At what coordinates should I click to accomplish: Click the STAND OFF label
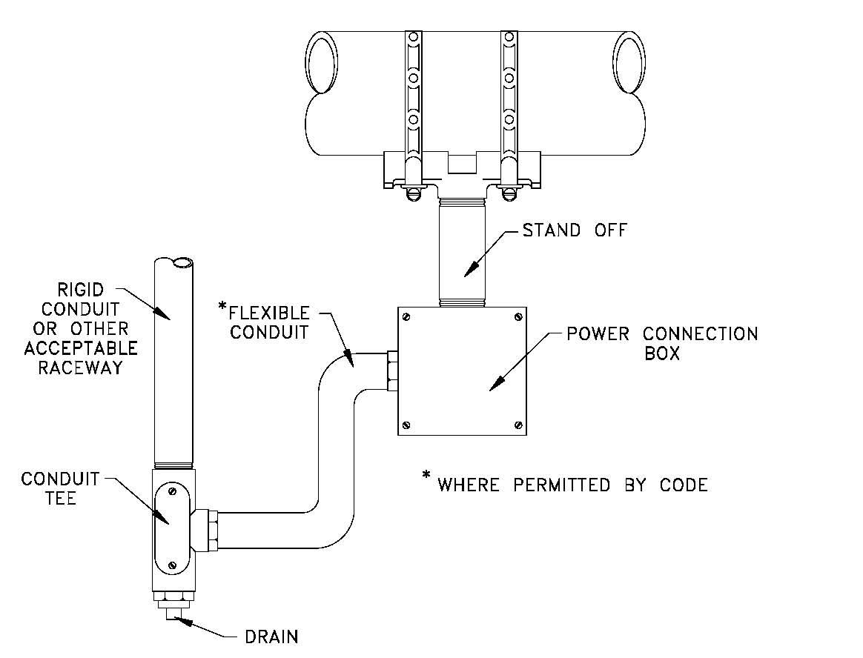pyautogui.click(x=575, y=230)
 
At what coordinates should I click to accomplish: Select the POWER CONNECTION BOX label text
pyautogui.click(x=662, y=343)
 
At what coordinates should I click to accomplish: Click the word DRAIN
pyautogui.click(x=271, y=637)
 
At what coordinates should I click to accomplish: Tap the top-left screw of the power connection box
pyautogui.click(x=406, y=317)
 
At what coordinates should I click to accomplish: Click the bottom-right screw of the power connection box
pyautogui.click(x=518, y=425)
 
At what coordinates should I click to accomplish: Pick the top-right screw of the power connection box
pyautogui.click(x=518, y=317)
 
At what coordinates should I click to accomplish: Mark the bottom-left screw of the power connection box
pyautogui.click(x=406, y=425)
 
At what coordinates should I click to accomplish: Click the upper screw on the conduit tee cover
pyautogui.click(x=172, y=491)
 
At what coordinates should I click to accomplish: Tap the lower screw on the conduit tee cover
pyautogui.click(x=172, y=565)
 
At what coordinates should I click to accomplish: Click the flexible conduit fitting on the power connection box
pyautogui.click(x=392, y=371)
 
